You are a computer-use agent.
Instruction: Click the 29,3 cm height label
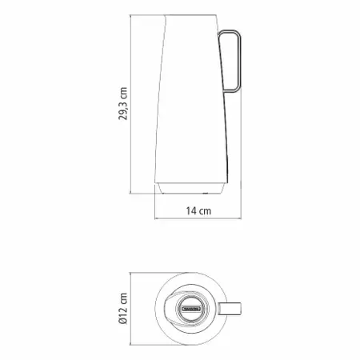tap(123, 103)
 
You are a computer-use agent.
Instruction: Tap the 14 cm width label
tap(198, 211)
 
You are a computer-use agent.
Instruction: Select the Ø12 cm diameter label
tap(123, 308)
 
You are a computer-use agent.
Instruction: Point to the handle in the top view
tap(230, 309)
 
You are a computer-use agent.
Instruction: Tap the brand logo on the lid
tap(191, 309)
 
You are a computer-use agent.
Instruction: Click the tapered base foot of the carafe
tap(190, 188)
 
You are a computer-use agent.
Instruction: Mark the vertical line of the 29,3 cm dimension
tap(130, 104)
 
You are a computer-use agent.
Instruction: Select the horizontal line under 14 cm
tap(198, 218)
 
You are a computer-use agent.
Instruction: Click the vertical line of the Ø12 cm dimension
tap(130, 309)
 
